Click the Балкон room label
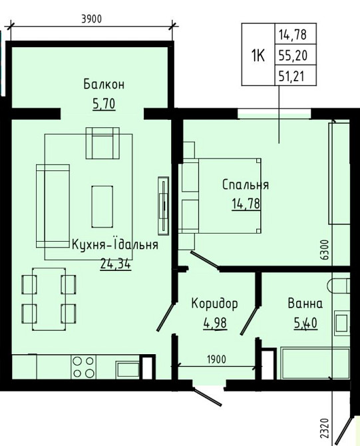104,85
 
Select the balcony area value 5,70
104,104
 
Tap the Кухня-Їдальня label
115,244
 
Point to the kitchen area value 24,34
115,264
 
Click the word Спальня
246,185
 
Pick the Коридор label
214,304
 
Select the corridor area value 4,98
215,323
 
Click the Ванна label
305,304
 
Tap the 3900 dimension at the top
91,19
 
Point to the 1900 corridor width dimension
216,359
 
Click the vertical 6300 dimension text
325,250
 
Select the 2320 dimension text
324,428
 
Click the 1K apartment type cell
258,55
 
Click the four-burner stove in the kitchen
83,367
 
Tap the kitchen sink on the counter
127,369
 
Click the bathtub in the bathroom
315,363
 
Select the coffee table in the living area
102,207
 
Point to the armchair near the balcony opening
102,143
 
